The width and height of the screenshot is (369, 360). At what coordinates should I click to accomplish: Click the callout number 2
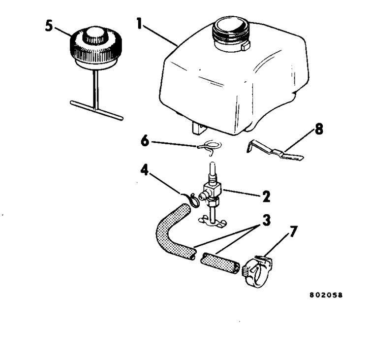pyautogui.click(x=266, y=197)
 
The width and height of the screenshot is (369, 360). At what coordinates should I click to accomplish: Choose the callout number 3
pyautogui.click(x=267, y=220)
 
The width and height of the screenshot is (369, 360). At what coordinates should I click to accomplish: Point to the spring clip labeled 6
pyautogui.click(x=211, y=147)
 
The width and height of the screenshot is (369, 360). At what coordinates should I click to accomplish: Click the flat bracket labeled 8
pyautogui.click(x=276, y=150)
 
